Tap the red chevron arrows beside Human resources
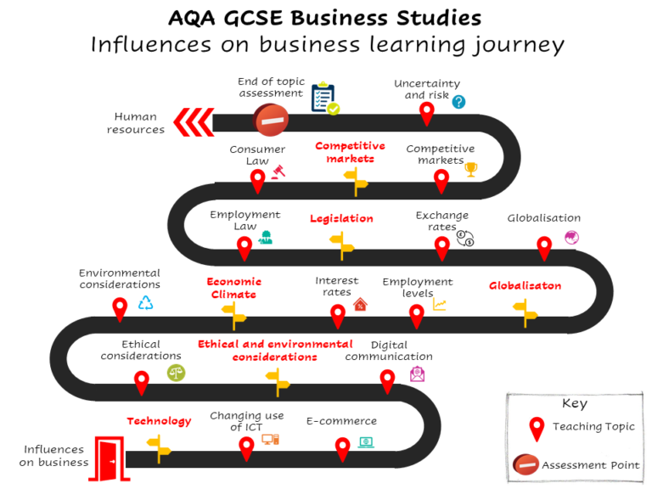pyautogui.click(x=194, y=122)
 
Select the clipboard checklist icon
pyautogui.click(x=324, y=98)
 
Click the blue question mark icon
pyautogui.click(x=458, y=102)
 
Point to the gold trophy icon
pyautogui.click(x=471, y=170)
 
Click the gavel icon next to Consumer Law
pyautogui.click(x=277, y=170)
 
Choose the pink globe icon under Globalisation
pyautogui.click(x=572, y=238)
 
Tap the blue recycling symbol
pyautogui.click(x=146, y=303)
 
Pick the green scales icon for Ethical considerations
pyautogui.click(x=176, y=372)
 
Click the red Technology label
pyautogui.click(x=159, y=421)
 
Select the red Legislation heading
pyautogui.click(x=341, y=218)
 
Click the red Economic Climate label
pyautogui.click(x=233, y=288)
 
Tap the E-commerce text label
pyautogui.click(x=341, y=421)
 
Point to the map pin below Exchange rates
pyautogui.click(x=441, y=247)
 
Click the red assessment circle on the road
pyautogui.click(x=272, y=121)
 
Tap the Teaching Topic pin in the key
pyautogui.click(x=536, y=428)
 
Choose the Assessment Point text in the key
pyautogui.click(x=590, y=465)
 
